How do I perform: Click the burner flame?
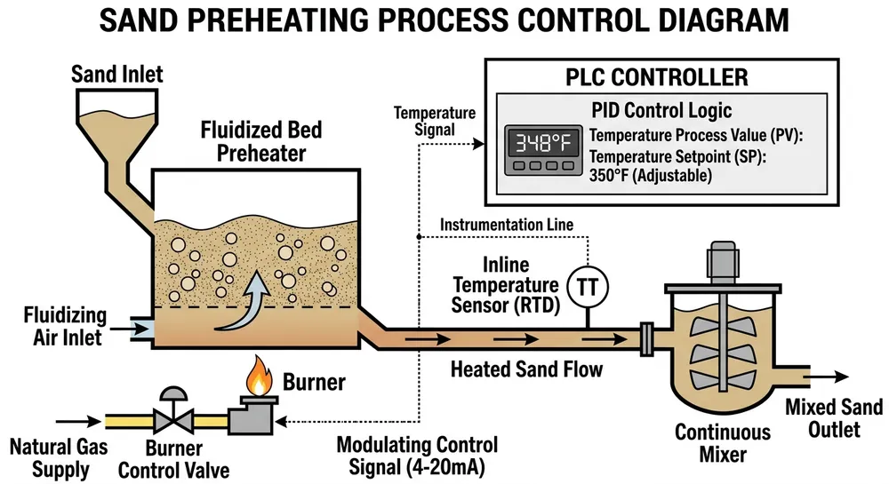(259, 380)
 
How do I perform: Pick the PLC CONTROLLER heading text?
(657, 78)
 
